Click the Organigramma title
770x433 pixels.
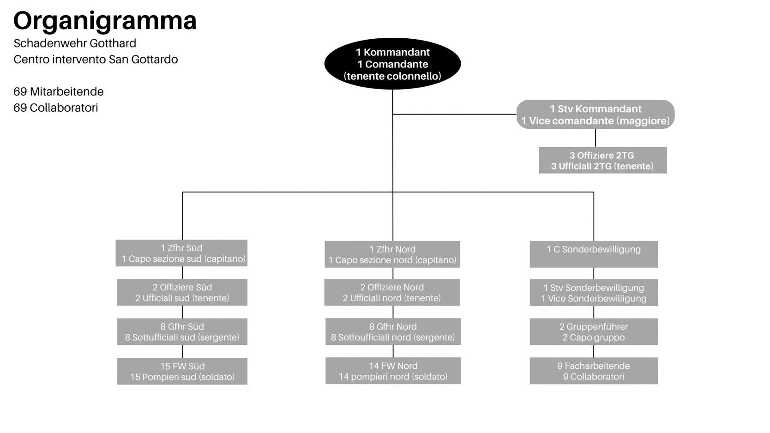pos(105,21)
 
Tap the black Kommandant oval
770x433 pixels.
pos(392,64)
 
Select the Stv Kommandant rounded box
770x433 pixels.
pos(595,114)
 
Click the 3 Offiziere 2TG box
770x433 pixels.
pos(602,161)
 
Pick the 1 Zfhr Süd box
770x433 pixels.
pos(181,253)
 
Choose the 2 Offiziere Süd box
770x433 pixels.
pos(182,292)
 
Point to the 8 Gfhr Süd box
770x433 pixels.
pos(182,331)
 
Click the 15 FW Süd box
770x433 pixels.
pos(182,371)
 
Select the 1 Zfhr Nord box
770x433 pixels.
pos(392,254)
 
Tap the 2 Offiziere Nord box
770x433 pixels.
pos(392,292)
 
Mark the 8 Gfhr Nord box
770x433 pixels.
pos(393,331)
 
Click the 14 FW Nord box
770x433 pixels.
pos(393,371)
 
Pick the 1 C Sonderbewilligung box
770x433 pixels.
pos(594,254)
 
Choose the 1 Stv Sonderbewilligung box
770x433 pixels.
pos(594,293)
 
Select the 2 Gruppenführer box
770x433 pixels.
pos(594,331)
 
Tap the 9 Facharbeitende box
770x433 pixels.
pos(594,371)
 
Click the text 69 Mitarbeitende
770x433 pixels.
pos(59,91)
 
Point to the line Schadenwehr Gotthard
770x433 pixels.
pos(75,43)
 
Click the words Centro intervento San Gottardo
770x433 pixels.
pos(96,59)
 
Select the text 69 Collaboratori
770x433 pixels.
pos(56,108)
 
